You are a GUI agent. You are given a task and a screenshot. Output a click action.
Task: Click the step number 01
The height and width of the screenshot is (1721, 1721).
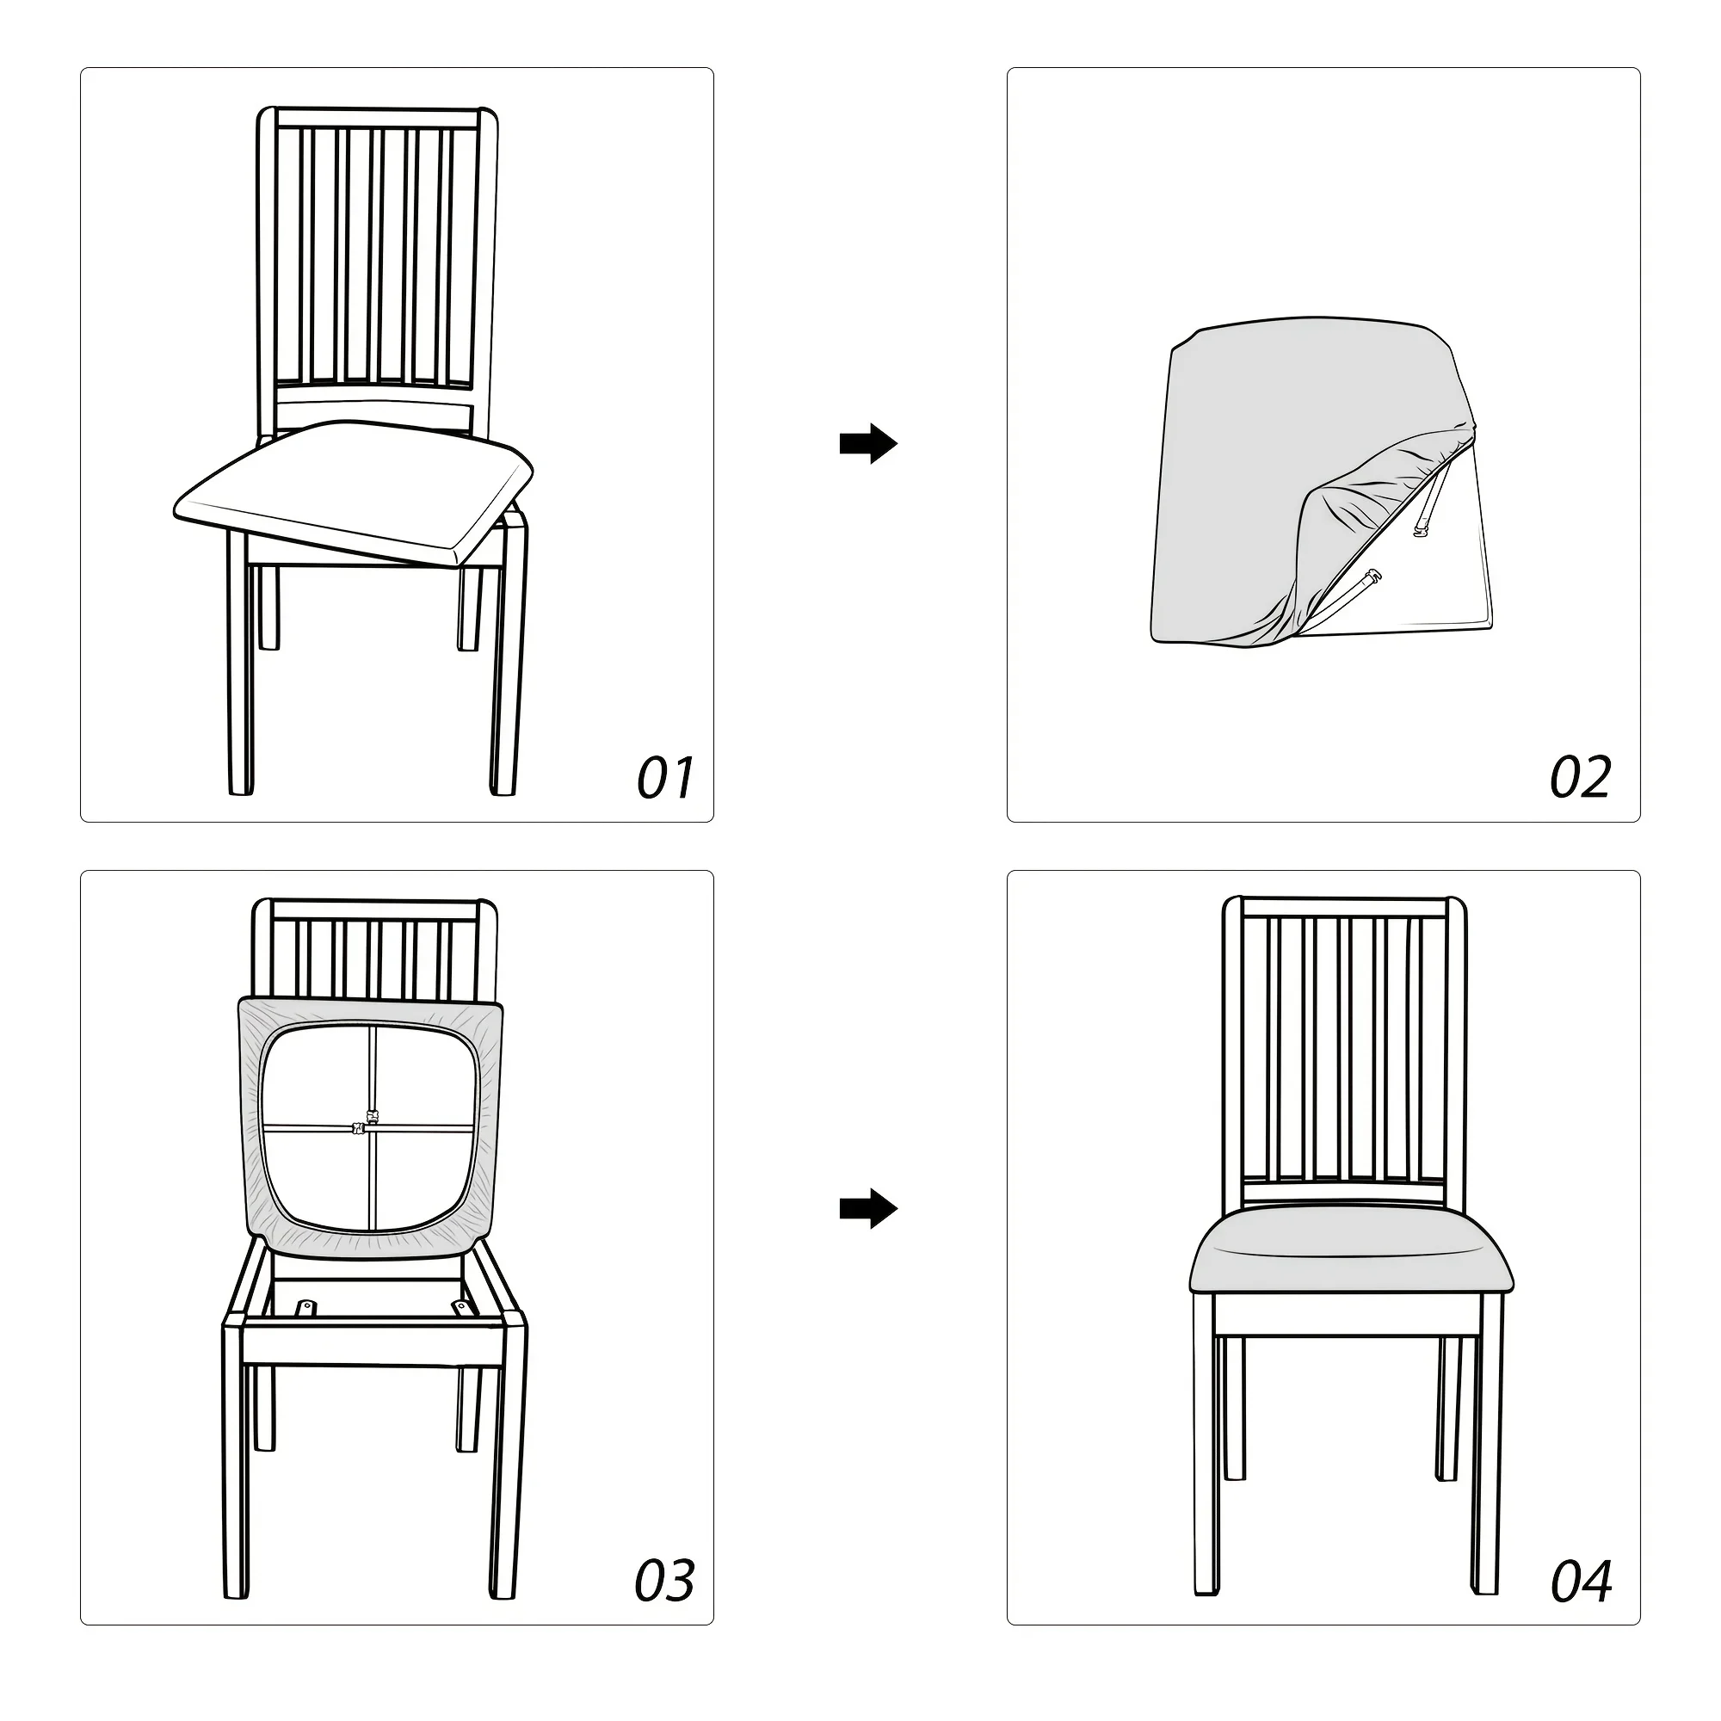click(665, 778)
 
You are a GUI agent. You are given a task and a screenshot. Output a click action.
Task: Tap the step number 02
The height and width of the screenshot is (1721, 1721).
click(1580, 778)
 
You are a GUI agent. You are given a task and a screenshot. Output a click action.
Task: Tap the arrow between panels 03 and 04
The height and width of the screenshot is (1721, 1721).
click(868, 1209)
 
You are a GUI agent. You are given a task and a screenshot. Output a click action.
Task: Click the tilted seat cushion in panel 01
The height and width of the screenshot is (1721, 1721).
click(353, 490)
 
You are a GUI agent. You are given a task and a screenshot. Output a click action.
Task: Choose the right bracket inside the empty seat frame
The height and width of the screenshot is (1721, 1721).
click(460, 1307)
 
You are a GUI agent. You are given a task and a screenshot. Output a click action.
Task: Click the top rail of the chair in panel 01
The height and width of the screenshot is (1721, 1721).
click(378, 118)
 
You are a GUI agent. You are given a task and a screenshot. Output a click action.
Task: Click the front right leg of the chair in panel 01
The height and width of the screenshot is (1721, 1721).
click(508, 659)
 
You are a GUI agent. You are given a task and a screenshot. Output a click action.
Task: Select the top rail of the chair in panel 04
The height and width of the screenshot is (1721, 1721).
click(1344, 907)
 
